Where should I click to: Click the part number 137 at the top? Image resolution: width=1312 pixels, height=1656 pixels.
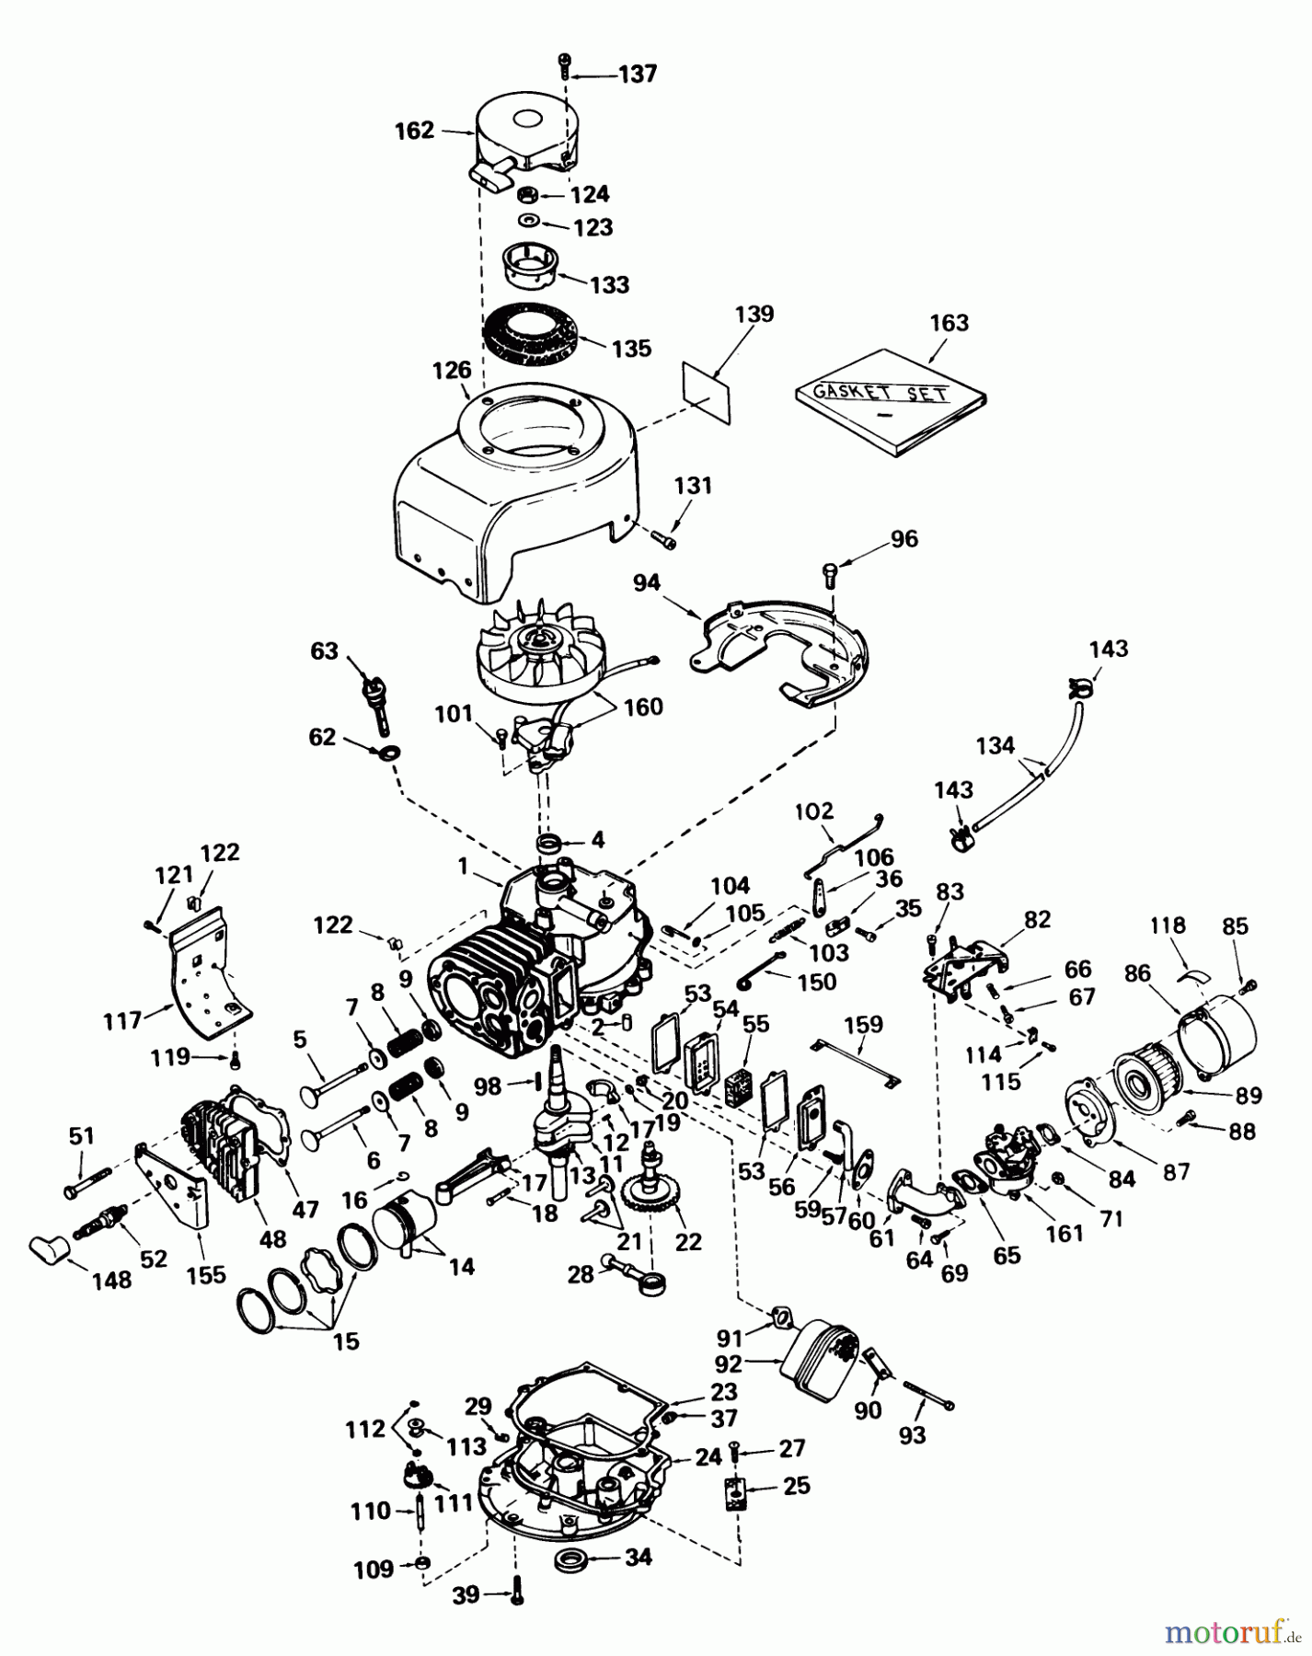point(638,73)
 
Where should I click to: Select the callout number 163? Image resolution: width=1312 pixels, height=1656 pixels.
point(949,323)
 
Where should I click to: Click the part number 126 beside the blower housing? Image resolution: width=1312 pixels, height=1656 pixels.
point(452,370)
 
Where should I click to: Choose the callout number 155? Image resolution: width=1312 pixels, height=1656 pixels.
point(206,1274)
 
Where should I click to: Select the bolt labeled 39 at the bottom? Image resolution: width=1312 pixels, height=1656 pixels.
point(516,1594)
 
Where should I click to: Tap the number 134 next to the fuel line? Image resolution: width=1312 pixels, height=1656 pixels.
point(996,745)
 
